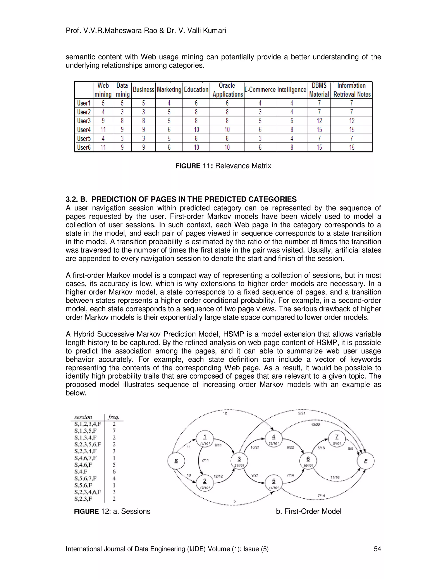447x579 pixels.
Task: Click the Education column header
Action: tap(196, 90)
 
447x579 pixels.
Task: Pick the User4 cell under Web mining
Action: tap(103, 130)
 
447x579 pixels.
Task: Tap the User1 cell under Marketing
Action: tap(169, 103)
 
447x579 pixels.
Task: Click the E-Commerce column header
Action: tap(260, 90)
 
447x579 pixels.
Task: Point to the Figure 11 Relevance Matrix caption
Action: tap(223, 166)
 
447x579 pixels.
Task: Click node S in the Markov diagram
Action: tap(176, 461)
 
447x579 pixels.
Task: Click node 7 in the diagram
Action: tap(337, 439)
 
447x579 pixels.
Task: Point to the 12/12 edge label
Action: tap(218, 476)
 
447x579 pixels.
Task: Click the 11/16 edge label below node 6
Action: tap(335, 477)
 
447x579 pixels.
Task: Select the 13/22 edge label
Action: tap(315, 425)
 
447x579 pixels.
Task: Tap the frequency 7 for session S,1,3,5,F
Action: tap(114, 431)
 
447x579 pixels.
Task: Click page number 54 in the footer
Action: tap(377, 549)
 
